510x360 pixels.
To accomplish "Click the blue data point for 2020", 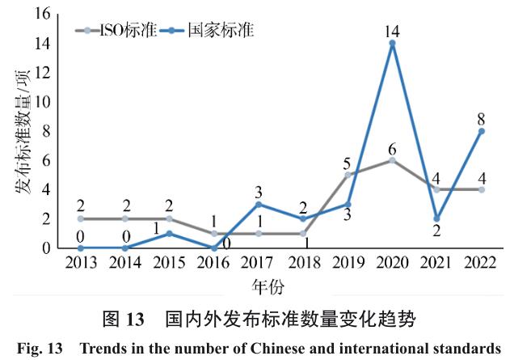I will tap(392, 44).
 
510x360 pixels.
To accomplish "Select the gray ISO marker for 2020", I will tap(392, 160).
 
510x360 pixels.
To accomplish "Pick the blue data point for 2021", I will tap(436, 218).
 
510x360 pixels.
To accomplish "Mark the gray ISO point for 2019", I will tap(348, 175).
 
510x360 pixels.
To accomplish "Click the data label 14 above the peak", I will tap(392, 31).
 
